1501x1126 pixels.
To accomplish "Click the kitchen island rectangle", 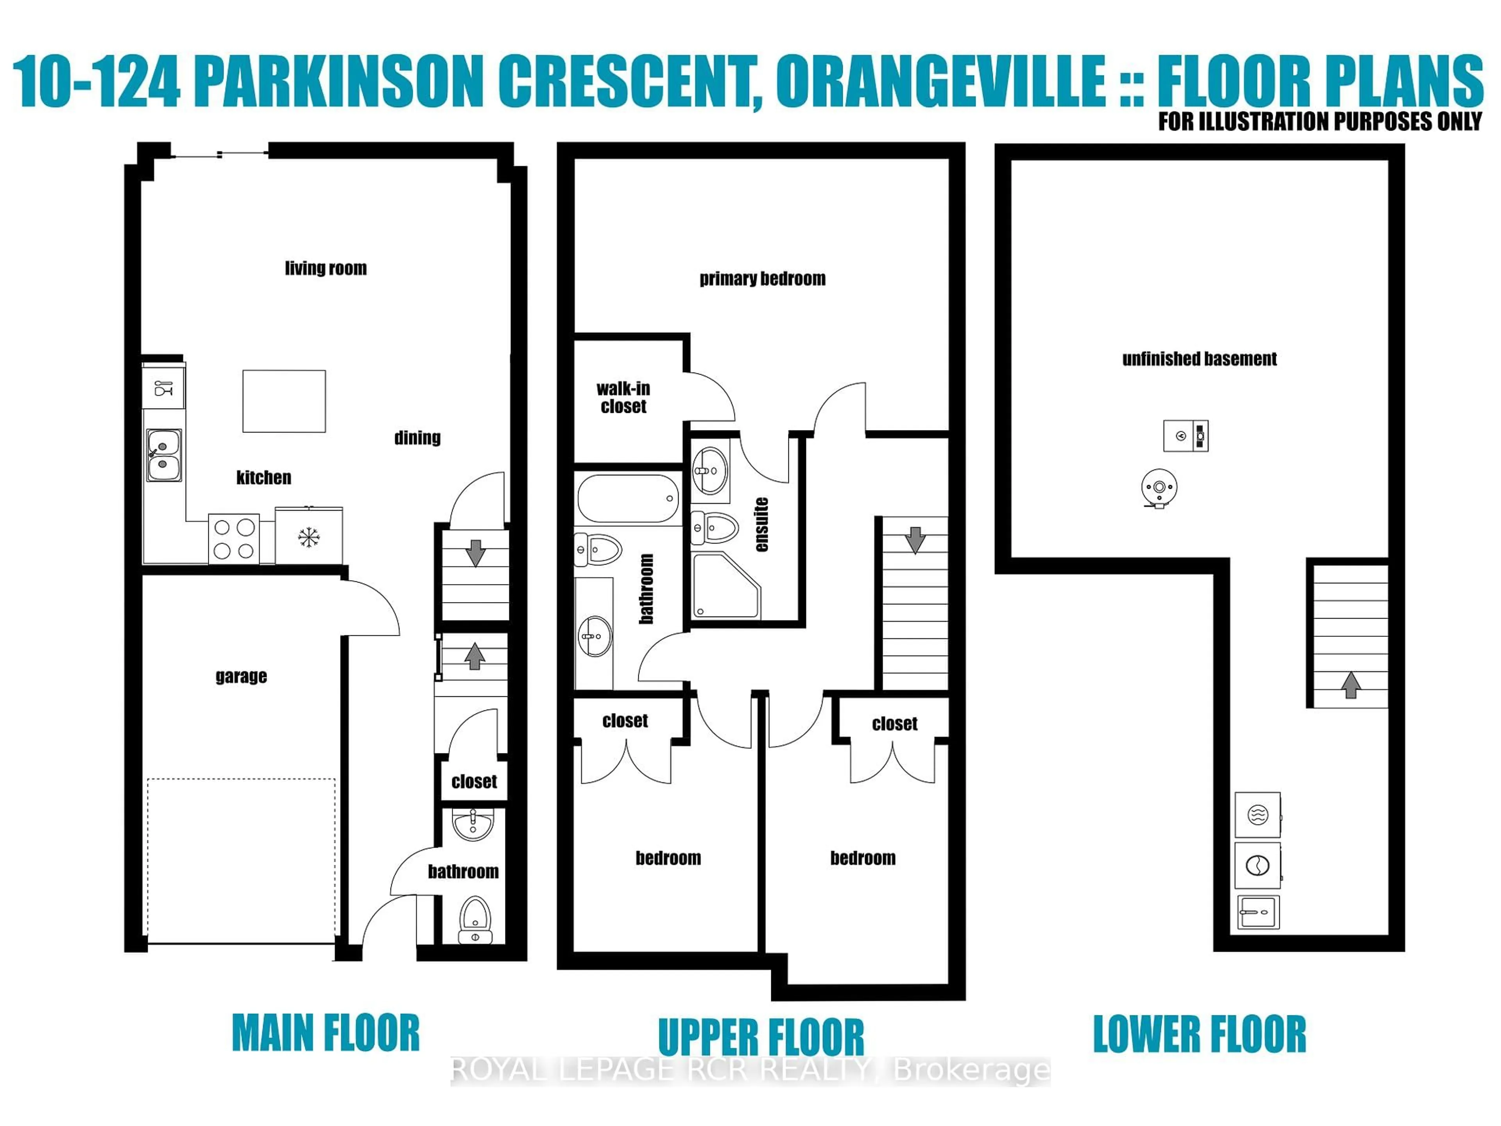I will point(284,401).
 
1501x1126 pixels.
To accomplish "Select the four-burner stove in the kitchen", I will point(233,539).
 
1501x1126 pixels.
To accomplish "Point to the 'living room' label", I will point(326,268).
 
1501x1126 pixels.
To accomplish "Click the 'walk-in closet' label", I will point(623,397).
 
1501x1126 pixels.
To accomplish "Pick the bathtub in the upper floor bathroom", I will point(628,498).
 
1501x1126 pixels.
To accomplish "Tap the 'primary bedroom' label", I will point(762,279).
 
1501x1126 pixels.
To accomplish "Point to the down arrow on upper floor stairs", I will point(915,540).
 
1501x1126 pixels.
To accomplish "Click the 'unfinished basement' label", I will point(1199,359).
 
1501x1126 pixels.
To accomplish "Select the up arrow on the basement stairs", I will point(1351,685).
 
